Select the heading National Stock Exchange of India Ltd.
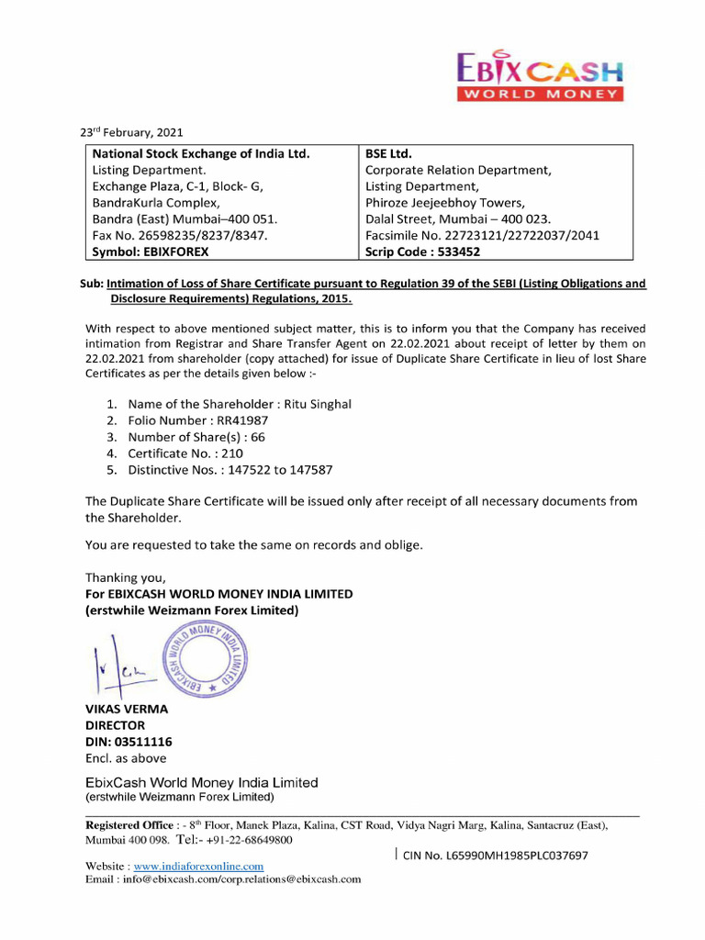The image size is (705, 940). [201, 153]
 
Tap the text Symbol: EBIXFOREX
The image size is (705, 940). [151, 251]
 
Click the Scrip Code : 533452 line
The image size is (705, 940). [422, 251]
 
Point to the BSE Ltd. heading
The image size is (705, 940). [388, 153]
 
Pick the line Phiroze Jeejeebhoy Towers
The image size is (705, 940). [444, 202]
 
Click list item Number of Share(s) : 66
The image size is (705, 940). [196, 437]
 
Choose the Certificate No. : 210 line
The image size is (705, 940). [185, 453]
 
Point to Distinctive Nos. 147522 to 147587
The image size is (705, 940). [229, 470]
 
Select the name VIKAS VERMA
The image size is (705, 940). [127, 709]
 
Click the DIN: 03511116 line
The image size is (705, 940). [129, 742]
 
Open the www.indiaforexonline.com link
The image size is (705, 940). [198, 866]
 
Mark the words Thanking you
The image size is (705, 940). [126, 577]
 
